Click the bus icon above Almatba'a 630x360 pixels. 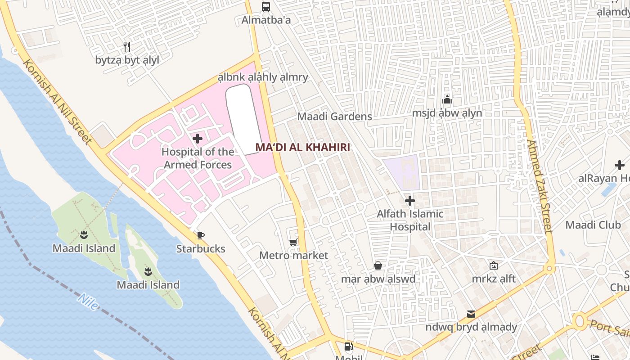click(x=266, y=7)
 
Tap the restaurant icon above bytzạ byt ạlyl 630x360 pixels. click(x=127, y=46)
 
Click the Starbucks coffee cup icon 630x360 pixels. click(x=201, y=235)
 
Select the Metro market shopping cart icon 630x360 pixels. click(x=293, y=243)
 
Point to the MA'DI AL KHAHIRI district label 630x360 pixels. click(x=302, y=147)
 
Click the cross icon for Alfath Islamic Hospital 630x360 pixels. click(x=409, y=201)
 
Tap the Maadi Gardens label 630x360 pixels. click(x=334, y=117)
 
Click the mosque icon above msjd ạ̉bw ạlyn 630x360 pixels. click(x=447, y=99)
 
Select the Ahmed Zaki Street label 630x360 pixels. click(x=539, y=187)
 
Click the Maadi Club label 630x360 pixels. click(x=593, y=225)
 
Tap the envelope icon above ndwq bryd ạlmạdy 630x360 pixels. click(x=471, y=314)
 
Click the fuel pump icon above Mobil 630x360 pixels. click(x=349, y=346)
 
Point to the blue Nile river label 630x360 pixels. click(x=87, y=301)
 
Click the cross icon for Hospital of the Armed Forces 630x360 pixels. click(x=198, y=139)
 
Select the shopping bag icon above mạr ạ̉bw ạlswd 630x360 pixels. click(x=378, y=265)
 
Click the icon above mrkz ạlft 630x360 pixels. click(x=494, y=265)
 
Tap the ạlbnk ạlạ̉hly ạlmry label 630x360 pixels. click(x=263, y=77)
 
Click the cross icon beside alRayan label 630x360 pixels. click(x=620, y=165)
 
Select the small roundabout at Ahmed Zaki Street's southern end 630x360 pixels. click(x=549, y=269)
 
